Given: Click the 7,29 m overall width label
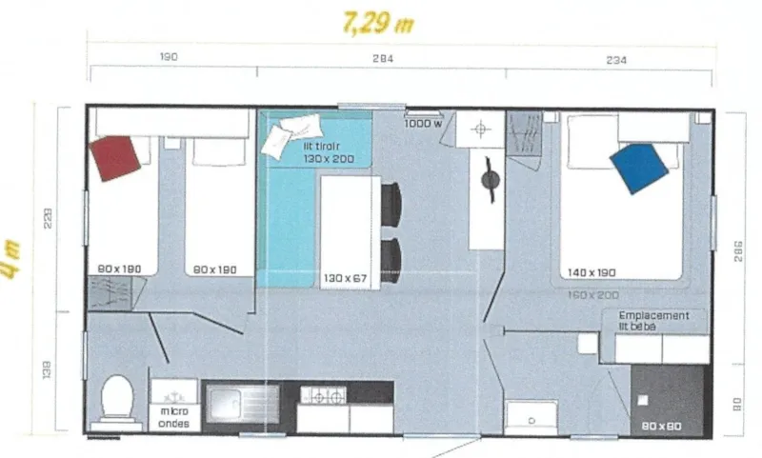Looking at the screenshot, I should coord(378,23).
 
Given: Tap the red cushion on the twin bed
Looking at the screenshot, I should coord(116,157).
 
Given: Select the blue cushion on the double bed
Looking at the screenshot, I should coord(638,168).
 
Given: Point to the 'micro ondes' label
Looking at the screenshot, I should coord(173,417).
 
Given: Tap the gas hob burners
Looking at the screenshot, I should coord(323,394).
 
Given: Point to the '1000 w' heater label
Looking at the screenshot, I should coord(422,123).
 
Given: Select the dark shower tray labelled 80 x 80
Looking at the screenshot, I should coord(670,398).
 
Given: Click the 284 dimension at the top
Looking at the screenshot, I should coord(382,59).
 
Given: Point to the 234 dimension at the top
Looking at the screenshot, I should coord(615,59).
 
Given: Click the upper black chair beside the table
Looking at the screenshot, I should coord(391,202).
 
